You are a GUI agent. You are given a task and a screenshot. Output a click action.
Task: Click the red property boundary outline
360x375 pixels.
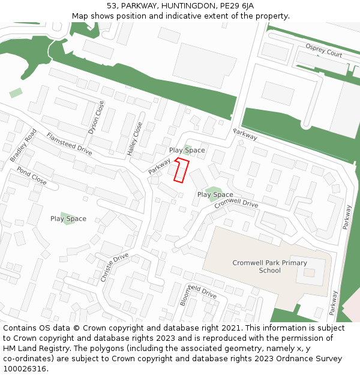(x=181, y=170)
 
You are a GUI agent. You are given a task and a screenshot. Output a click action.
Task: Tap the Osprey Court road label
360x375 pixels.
(x=323, y=50)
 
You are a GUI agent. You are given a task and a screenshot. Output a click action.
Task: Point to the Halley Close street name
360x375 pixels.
(x=135, y=139)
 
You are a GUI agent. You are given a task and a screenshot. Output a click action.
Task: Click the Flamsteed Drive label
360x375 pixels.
(x=69, y=144)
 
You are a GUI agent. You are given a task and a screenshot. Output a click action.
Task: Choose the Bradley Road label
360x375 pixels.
(x=23, y=145)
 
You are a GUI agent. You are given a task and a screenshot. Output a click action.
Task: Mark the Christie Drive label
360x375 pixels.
(x=115, y=268)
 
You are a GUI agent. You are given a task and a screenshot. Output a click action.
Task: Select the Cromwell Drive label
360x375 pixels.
(x=236, y=203)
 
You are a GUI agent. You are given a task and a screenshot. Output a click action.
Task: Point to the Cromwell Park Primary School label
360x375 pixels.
(x=269, y=266)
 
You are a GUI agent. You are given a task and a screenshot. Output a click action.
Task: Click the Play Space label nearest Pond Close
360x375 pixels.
(x=68, y=219)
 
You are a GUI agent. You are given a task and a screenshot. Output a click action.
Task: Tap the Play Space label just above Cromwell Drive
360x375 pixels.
(x=215, y=194)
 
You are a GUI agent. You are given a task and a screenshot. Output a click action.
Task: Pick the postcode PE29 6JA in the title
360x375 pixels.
(x=236, y=5)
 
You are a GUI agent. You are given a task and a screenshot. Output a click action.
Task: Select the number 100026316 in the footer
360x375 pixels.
(x=25, y=368)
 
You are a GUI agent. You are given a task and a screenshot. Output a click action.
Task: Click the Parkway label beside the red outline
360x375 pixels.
(x=160, y=166)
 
